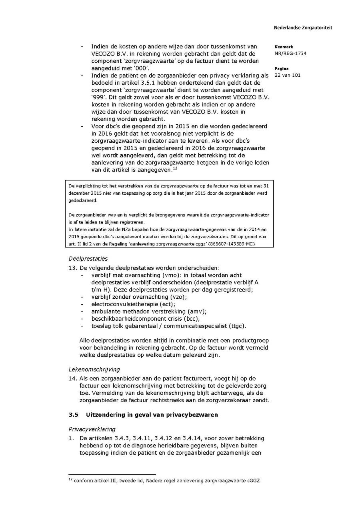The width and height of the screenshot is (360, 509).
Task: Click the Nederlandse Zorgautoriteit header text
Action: (x=303, y=28)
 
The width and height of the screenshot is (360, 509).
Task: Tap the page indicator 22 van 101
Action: (x=288, y=75)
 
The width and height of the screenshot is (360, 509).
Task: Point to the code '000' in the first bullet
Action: (x=134, y=68)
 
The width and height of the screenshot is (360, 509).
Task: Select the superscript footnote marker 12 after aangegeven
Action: (x=174, y=168)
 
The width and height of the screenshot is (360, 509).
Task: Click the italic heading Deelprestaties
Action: (x=88, y=259)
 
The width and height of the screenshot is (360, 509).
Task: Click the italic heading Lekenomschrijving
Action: (x=94, y=369)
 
